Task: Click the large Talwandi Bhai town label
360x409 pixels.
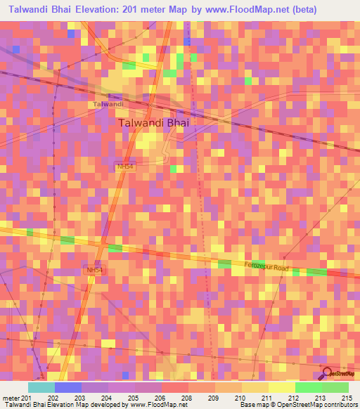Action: (155, 122)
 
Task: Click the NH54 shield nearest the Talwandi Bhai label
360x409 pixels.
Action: (124, 167)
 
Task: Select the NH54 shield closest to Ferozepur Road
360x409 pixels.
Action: (93, 270)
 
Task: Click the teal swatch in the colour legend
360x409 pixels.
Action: (41, 387)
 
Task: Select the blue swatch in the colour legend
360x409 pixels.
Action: (67, 387)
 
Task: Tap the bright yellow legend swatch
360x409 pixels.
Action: (281, 387)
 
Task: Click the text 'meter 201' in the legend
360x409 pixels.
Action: (15, 398)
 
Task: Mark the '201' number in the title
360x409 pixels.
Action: (130, 10)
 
